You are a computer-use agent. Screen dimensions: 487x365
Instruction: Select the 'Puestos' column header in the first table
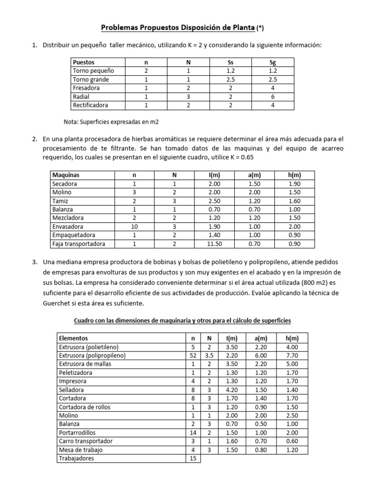click(84, 62)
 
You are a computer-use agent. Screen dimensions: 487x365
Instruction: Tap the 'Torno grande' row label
click(91, 79)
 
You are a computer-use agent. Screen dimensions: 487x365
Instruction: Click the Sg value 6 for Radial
click(273, 97)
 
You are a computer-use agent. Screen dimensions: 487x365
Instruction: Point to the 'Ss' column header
click(231, 62)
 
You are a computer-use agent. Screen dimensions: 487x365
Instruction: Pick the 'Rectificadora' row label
click(90, 105)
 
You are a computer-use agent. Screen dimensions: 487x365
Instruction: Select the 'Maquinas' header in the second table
click(66, 175)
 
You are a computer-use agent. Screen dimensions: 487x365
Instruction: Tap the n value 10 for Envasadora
click(134, 227)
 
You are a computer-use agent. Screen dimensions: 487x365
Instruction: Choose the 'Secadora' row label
click(65, 184)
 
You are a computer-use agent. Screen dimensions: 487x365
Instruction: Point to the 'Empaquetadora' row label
click(74, 235)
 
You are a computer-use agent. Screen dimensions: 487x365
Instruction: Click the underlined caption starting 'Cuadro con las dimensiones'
click(182, 321)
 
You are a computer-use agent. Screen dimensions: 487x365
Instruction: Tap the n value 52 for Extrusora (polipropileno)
click(192, 355)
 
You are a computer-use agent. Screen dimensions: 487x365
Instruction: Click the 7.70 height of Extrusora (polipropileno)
click(292, 355)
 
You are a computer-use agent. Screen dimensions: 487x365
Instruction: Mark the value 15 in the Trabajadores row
click(192, 458)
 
